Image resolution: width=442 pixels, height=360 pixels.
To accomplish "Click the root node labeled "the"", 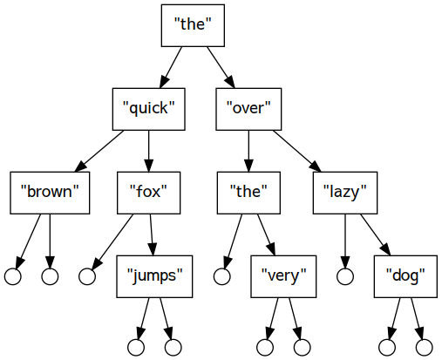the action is tap(193, 25).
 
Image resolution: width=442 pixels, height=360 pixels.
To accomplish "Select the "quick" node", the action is tap(149, 109).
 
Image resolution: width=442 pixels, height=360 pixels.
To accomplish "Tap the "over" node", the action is tap(248, 109).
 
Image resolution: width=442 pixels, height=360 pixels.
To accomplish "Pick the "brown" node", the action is tap(50, 193).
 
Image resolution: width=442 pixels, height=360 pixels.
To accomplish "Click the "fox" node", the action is tap(148, 193).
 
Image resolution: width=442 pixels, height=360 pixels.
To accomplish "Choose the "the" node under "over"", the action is tap(248, 193).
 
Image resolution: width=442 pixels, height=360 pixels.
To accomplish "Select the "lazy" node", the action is tap(345, 193).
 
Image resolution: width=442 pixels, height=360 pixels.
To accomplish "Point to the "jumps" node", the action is tap(154, 276).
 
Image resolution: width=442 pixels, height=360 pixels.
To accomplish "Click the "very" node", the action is tap(283, 276).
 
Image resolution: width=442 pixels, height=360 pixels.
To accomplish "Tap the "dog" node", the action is tap(405, 276).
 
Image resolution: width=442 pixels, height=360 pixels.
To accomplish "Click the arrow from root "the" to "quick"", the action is tap(171, 67).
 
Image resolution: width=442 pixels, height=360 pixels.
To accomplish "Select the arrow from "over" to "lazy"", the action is tap(297, 151).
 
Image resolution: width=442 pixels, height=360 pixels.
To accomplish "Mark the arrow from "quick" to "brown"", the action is tap(99, 151).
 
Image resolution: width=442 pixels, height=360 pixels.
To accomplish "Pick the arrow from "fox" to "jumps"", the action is tap(152, 234).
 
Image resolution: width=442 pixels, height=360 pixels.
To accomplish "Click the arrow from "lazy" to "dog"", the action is tap(376, 234).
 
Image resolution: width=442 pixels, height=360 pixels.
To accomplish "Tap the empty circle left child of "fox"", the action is tap(87, 276).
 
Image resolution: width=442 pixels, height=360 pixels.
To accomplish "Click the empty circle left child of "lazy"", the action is tap(345, 276).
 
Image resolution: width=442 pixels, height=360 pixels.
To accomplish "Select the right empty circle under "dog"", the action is tap(425, 347).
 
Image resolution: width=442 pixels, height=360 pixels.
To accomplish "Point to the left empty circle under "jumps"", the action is tap(136, 347).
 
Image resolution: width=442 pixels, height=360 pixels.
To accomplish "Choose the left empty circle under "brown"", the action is tap(13, 276).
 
